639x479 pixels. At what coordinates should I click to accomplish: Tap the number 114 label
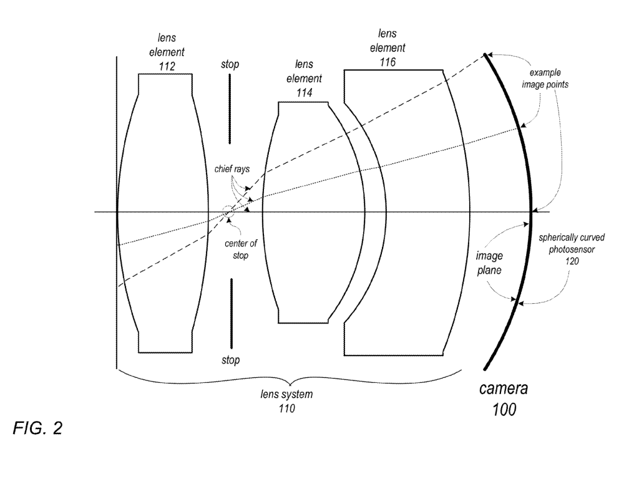click(303, 92)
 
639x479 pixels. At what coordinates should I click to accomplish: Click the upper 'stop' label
click(230, 64)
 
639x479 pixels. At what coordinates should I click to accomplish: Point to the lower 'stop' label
click(230, 360)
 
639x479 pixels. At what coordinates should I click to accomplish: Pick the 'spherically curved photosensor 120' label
click(573, 250)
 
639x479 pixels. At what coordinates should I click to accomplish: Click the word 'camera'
click(504, 389)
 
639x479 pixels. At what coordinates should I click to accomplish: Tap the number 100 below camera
click(504, 411)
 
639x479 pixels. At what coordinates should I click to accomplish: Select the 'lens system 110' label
click(286, 401)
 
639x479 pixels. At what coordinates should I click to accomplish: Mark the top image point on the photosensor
click(485, 56)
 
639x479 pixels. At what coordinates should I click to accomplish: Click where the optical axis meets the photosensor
click(531, 212)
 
